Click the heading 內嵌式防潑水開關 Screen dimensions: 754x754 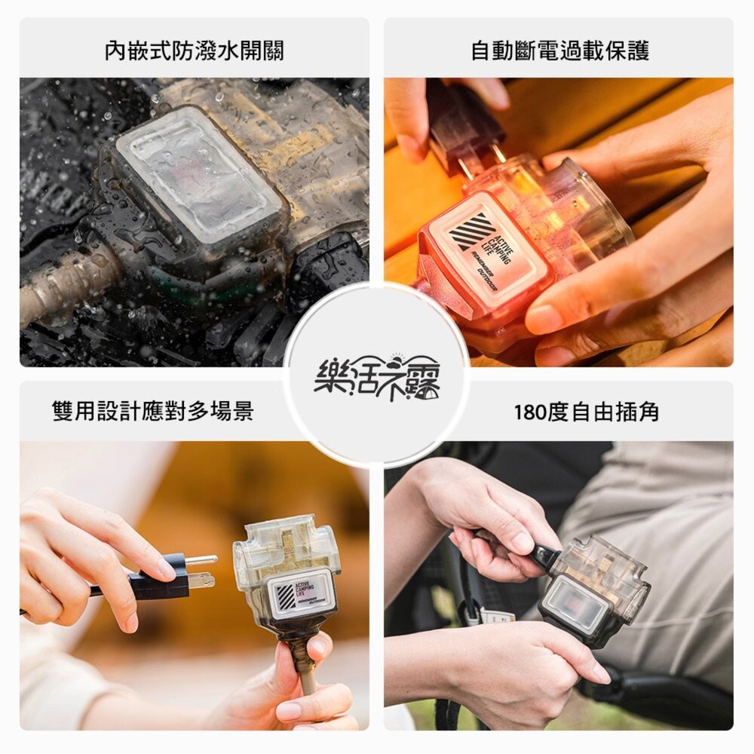pos(194,51)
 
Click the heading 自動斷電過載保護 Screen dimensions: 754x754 pos(559,51)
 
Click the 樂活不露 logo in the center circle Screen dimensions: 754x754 pos(377,375)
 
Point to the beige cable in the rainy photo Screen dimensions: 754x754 pos(68,278)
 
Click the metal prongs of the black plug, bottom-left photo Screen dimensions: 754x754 pos(201,570)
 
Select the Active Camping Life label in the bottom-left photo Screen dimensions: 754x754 pos(300,592)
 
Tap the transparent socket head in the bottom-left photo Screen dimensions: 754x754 pos(287,558)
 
